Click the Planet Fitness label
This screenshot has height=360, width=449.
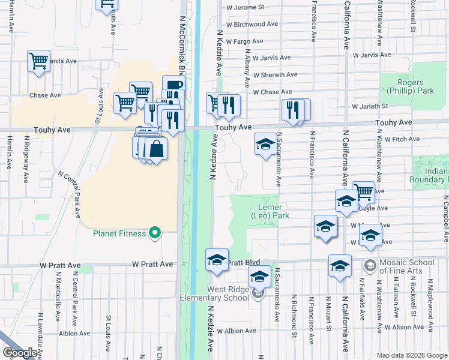click(x=119, y=233)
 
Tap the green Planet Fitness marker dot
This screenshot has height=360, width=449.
click(x=155, y=232)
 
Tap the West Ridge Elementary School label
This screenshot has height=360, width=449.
click(x=220, y=293)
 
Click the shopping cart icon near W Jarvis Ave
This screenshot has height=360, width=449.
click(x=38, y=61)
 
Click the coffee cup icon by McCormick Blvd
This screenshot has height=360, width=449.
click(x=173, y=86)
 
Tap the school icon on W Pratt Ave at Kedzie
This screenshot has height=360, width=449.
click(x=217, y=259)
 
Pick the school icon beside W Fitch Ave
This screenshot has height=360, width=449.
click(x=265, y=144)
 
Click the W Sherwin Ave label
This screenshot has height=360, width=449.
click(x=275, y=75)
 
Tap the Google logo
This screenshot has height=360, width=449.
click(x=19, y=353)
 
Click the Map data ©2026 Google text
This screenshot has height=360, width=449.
click(x=411, y=355)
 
